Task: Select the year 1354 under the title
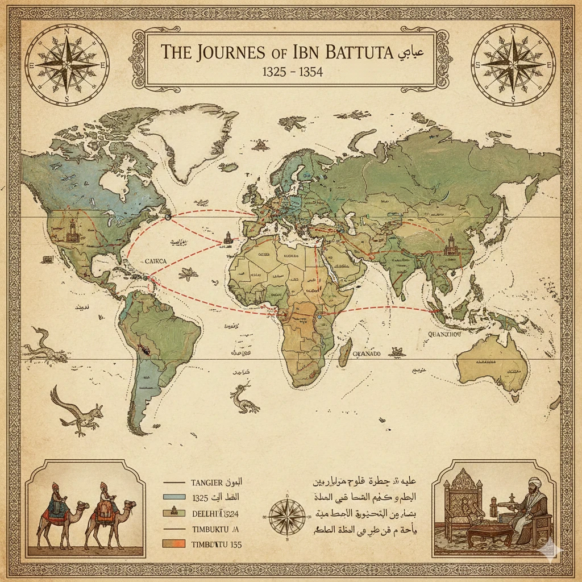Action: point(305,73)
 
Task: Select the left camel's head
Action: point(83,505)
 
